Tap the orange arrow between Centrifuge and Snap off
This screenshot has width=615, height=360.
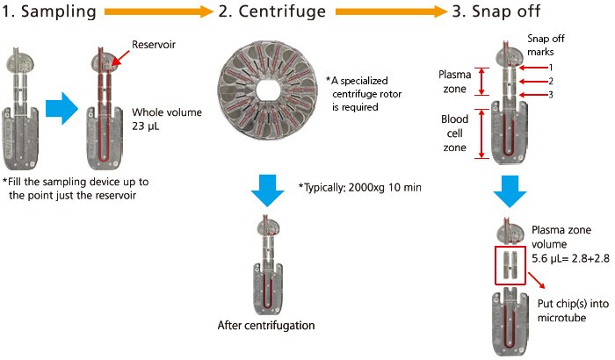[x=387, y=12]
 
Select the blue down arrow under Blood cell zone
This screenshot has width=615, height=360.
[x=510, y=191]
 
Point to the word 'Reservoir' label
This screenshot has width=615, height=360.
[x=155, y=44]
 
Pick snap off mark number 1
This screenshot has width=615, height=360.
[x=548, y=67]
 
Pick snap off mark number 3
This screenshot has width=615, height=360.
[x=548, y=95]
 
